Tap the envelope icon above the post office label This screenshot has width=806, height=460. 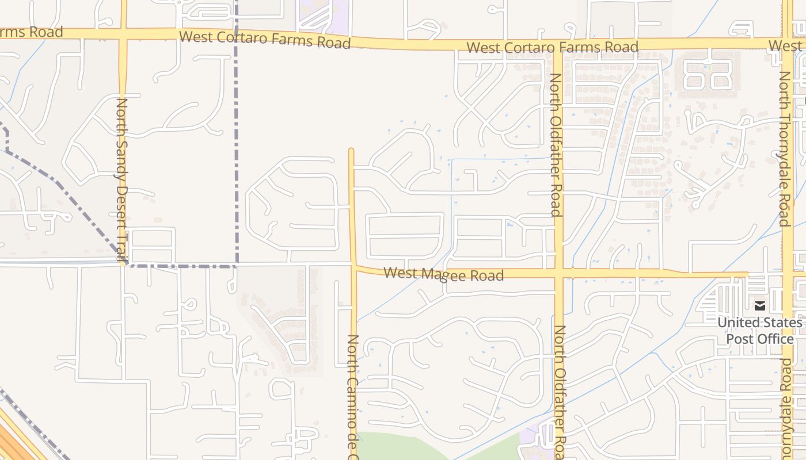tap(760, 306)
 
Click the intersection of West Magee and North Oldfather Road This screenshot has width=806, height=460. tap(558, 273)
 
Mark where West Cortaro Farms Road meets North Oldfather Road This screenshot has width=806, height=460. tap(557, 45)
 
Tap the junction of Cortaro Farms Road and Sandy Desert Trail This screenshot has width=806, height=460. tap(123, 34)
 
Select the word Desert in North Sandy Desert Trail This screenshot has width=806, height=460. tap(122, 196)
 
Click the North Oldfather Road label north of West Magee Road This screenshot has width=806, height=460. tap(556, 144)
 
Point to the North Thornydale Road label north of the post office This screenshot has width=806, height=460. tap(784, 148)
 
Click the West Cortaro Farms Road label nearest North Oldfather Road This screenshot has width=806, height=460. tap(552, 47)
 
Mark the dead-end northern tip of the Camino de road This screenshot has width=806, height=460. tap(351, 151)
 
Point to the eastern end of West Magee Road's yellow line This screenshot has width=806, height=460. tap(747, 274)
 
